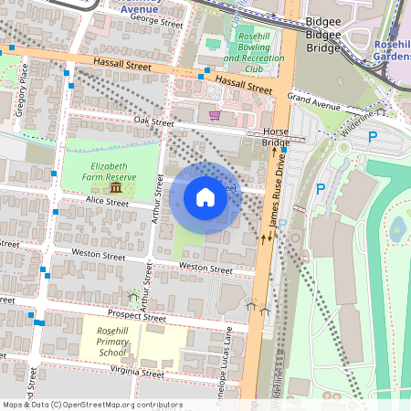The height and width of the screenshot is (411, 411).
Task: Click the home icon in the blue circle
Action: click(205, 197)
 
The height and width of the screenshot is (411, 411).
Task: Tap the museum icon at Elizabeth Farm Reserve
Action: click(116, 187)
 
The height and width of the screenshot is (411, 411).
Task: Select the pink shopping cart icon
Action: click(215, 115)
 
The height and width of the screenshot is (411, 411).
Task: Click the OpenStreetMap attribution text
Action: click(91, 405)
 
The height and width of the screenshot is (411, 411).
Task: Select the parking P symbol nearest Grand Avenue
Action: click(373, 137)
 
